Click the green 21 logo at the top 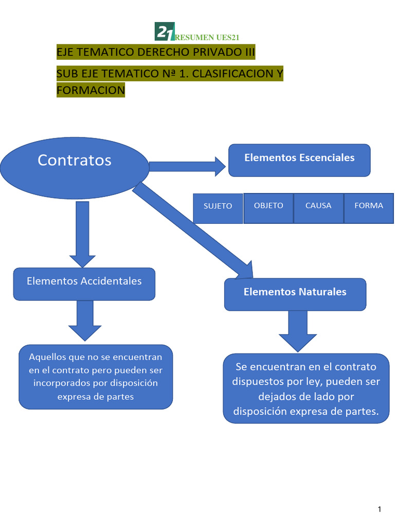point(165,32)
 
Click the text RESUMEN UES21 point(207,37)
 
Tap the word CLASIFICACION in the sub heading point(232,74)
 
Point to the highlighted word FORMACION point(91,90)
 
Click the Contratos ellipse point(75,161)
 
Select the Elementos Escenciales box point(299,160)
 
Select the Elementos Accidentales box point(84,284)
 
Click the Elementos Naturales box point(295,294)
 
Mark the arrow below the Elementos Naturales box point(298,330)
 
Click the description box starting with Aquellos point(96,377)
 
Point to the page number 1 point(380,510)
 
